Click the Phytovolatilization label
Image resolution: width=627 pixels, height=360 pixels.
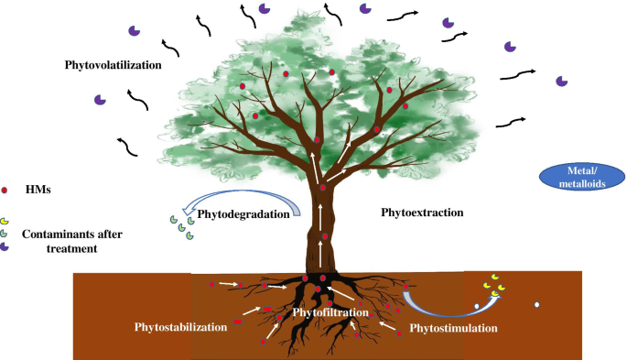point(114,65)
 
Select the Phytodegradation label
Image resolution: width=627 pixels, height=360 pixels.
point(243,214)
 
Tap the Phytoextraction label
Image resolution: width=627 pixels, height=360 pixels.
point(422,213)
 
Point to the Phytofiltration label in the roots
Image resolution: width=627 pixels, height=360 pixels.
point(330,312)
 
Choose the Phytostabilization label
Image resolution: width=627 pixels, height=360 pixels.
point(180,327)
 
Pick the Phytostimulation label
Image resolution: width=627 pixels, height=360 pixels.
point(453,329)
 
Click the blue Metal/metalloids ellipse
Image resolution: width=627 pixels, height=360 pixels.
point(582,177)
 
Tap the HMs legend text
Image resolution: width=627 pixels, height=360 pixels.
point(38,190)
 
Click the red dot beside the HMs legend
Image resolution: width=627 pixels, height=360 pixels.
point(5,191)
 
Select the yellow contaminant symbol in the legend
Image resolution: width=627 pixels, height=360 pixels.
point(4,221)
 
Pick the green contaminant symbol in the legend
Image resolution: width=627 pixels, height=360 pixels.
point(4,234)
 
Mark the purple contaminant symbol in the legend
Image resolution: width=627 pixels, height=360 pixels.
point(4,246)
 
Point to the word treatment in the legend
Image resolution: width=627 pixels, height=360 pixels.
point(72,249)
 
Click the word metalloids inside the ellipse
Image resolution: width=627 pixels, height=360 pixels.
point(582,184)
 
